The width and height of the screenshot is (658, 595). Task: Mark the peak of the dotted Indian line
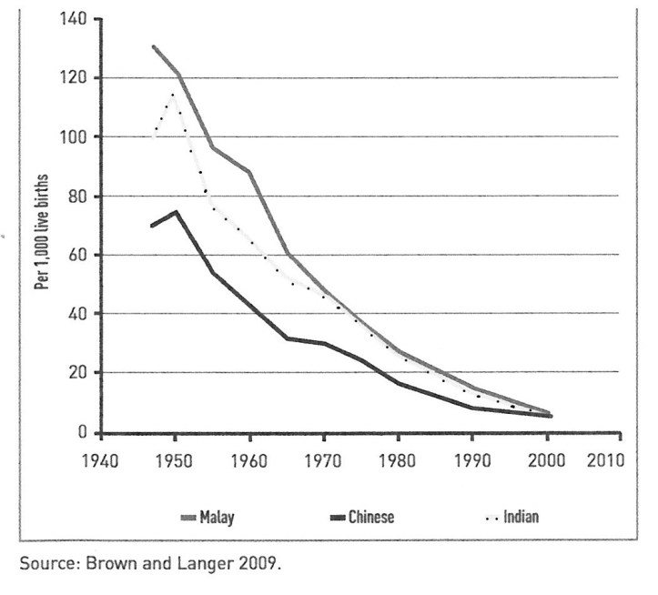click(x=172, y=93)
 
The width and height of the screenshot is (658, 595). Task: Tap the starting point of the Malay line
click(x=153, y=46)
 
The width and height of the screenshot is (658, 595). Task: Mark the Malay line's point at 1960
click(x=248, y=171)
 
